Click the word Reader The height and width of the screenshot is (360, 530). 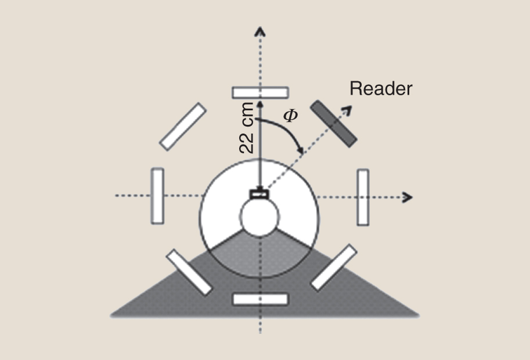tap(381, 89)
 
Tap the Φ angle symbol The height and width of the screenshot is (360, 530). tap(290, 116)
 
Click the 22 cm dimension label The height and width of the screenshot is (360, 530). tap(246, 128)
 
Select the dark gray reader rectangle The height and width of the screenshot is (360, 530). tap(333, 123)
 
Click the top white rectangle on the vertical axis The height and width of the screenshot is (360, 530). tap(260, 92)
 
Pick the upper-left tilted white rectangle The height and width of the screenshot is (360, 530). tap(183, 126)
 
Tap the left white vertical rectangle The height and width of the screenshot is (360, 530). tap(157, 196)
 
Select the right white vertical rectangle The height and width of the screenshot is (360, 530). tap(363, 197)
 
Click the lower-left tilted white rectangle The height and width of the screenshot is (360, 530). tap(189, 272)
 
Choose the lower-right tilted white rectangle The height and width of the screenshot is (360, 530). tap(333, 267)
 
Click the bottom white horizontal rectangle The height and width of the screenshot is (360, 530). tap(260, 299)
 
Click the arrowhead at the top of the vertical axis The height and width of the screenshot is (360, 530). tap(260, 31)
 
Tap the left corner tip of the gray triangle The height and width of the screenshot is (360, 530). tap(111, 315)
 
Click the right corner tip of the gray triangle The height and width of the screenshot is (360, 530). tap(418, 315)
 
